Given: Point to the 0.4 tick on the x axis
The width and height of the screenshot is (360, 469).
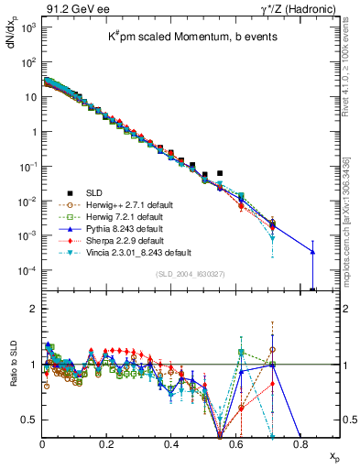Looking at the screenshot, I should [x=171, y=442].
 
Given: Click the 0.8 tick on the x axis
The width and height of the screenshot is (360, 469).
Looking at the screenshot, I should [x=300, y=442].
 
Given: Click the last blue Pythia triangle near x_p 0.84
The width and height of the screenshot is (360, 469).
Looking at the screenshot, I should [x=312, y=252].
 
